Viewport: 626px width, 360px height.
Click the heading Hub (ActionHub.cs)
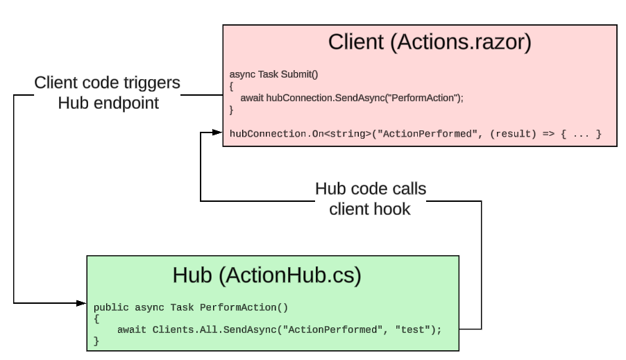tap(267, 275)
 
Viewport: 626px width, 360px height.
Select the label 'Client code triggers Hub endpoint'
tap(108, 93)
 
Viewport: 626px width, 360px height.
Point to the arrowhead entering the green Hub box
tap(81, 303)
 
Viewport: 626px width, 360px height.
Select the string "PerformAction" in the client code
tap(428, 98)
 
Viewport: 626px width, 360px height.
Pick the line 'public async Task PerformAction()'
tap(190, 306)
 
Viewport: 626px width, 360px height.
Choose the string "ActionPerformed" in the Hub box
tap(329, 329)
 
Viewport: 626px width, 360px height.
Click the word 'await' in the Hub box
tap(131, 329)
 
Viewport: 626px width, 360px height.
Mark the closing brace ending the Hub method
tap(96, 341)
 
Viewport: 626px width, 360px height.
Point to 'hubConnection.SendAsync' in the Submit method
tap(330, 98)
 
